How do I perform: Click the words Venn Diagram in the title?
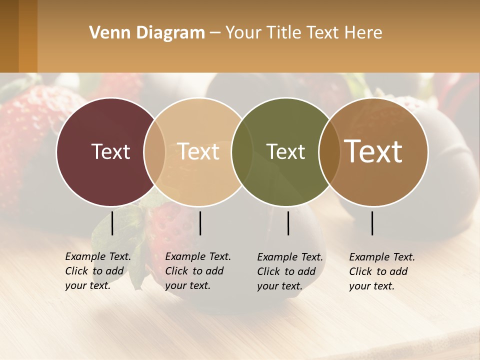[147, 33]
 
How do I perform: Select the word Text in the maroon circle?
[110, 151]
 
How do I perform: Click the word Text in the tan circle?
[198, 151]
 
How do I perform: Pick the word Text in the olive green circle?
[286, 151]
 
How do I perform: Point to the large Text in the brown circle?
[373, 151]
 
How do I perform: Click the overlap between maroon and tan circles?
[154, 151]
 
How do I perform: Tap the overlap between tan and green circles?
[242, 151]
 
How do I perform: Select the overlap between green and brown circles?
[327, 151]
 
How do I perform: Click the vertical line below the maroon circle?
[112, 223]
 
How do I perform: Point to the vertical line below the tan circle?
[200, 223]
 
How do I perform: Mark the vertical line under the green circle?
[288, 223]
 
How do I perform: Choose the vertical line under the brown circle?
[372, 223]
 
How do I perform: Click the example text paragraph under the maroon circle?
[98, 271]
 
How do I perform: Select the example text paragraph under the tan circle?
[198, 271]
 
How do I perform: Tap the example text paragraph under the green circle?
[290, 271]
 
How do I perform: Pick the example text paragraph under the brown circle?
[382, 271]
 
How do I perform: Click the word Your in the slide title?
[243, 33]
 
